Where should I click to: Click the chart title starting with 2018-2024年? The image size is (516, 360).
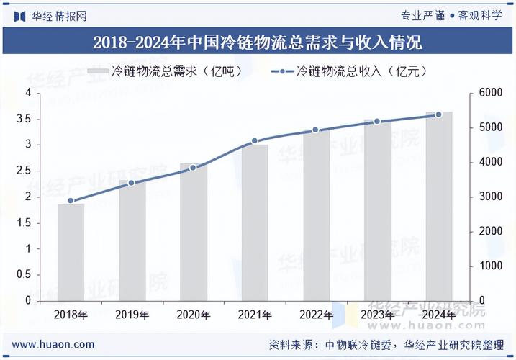tap(258, 42)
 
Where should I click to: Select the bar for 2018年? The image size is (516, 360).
tap(71, 252)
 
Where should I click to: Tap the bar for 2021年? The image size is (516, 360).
tap(255, 222)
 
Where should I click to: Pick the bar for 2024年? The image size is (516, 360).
tap(438, 206)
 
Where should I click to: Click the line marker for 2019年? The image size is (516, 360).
tap(132, 183)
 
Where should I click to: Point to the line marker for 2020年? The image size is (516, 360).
tap(193, 168)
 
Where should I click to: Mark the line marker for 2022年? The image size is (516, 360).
tap(315, 130)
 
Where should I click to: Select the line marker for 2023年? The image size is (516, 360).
tap(376, 122)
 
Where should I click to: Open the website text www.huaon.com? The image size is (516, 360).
tap(53, 344)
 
